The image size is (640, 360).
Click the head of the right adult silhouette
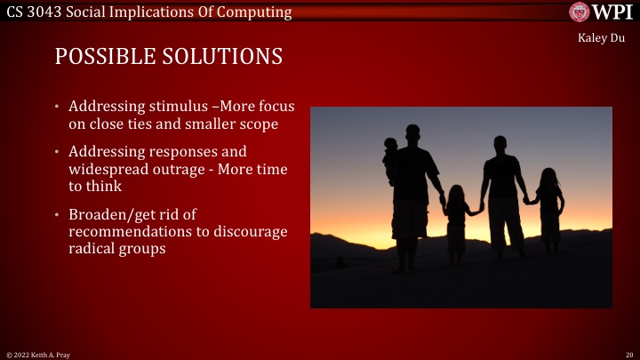click(501, 144)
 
